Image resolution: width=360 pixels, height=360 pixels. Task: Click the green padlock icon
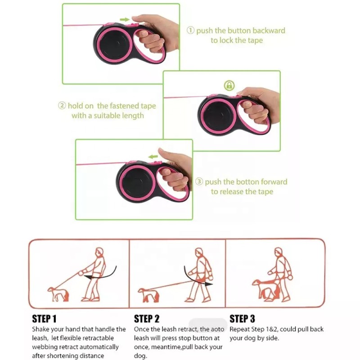[x=229, y=85]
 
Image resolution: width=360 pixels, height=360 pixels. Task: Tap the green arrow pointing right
[x=125, y=19]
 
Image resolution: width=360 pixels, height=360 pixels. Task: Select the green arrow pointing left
[x=153, y=157]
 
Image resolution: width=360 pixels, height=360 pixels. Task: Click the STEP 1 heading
[x=44, y=319]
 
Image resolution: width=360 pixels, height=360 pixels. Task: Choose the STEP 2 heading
[x=147, y=319]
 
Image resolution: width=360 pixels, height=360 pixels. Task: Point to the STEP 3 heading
[x=242, y=319]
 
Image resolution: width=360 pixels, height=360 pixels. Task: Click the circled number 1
[x=190, y=30]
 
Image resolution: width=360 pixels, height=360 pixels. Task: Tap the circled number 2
[x=62, y=106]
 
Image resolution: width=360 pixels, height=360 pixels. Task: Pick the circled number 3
[x=199, y=181]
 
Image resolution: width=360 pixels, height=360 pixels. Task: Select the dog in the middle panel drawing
[x=148, y=295]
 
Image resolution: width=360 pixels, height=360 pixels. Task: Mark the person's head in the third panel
[x=278, y=252]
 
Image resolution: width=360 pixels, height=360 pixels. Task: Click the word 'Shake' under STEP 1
[x=40, y=329]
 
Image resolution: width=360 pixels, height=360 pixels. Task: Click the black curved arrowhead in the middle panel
[x=208, y=284]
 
